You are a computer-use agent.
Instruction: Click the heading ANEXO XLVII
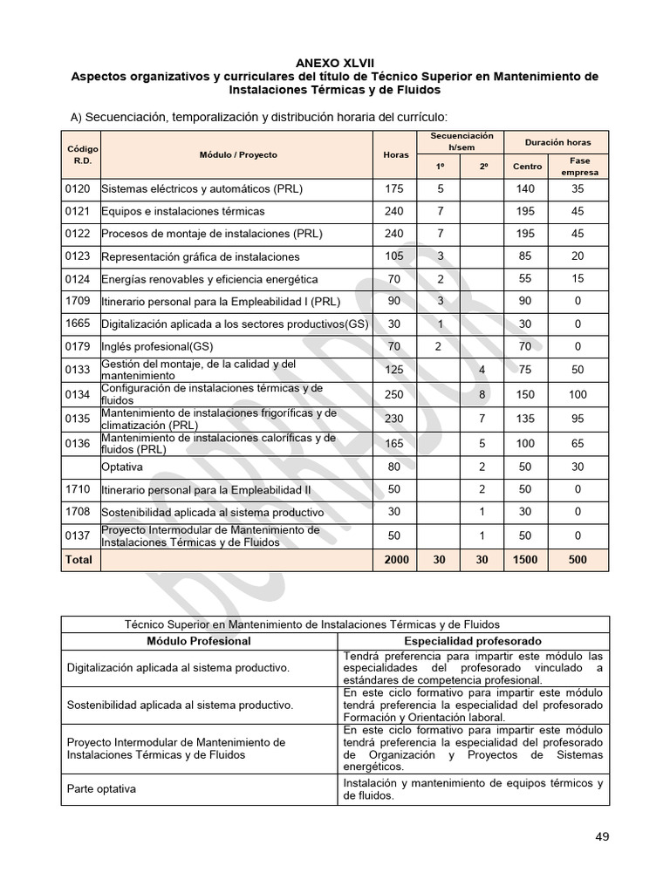pyautogui.click(x=334, y=63)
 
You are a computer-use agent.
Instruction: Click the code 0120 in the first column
pyautogui.click(x=77, y=188)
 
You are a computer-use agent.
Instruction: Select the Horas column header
pyautogui.click(x=395, y=154)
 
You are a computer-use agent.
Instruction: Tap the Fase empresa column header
pyautogui.click(x=579, y=166)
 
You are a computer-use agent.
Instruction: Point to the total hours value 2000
pyautogui.click(x=395, y=560)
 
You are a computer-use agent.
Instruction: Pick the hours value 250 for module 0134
pyautogui.click(x=395, y=394)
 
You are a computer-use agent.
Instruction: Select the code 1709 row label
pyautogui.click(x=77, y=302)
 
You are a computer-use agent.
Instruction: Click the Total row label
pyautogui.click(x=79, y=560)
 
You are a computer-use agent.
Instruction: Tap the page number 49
pyautogui.click(x=602, y=836)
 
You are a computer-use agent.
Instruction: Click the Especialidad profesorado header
pyautogui.click(x=473, y=641)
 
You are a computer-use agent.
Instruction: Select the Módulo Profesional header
pyautogui.click(x=198, y=641)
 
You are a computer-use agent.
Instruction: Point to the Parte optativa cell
pyautogui.click(x=102, y=789)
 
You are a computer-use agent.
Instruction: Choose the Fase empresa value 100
pyautogui.click(x=578, y=394)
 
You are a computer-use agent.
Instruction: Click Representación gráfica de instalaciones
pyautogui.click(x=200, y=256)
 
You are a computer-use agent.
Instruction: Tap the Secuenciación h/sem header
pyautogui.click(x=461, y=141)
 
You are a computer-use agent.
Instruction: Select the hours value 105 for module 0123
pyautogui.click(x=395, y=256)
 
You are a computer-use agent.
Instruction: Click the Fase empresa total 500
pyautogui.click(x=578, y=560)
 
